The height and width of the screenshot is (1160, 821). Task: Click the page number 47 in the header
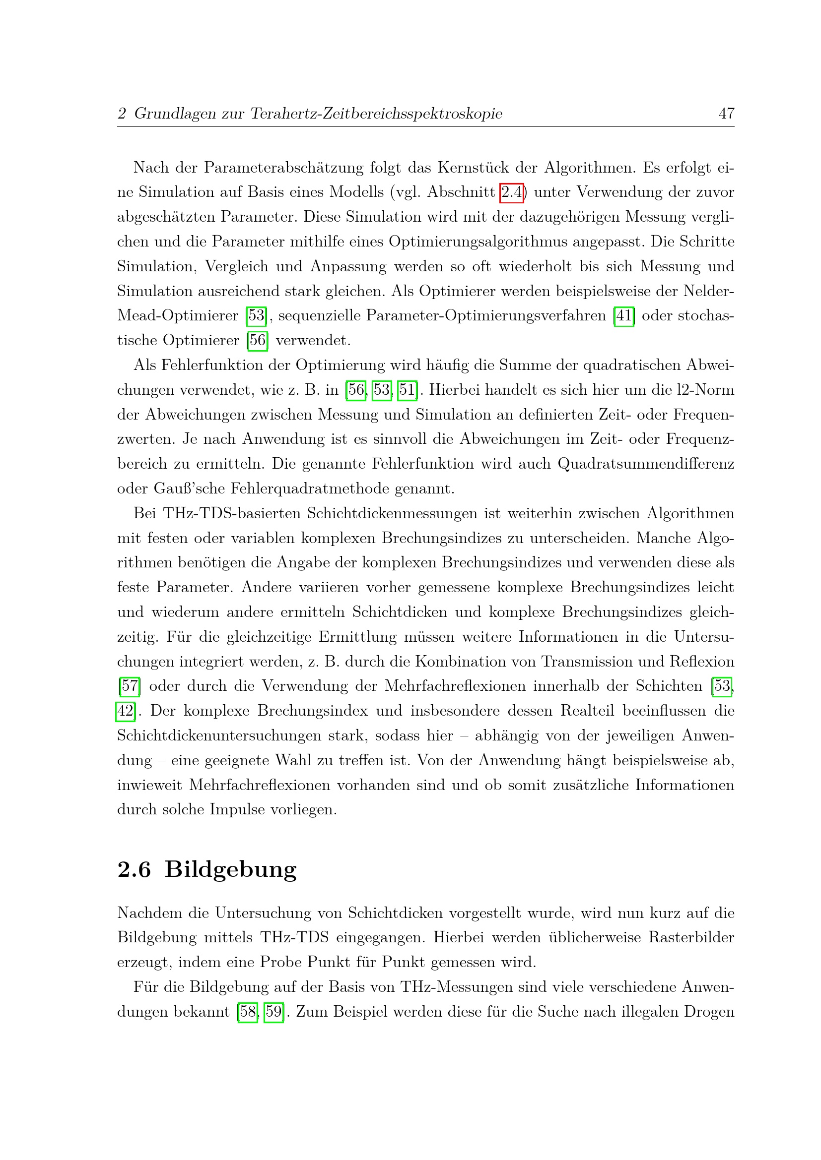[726, 113]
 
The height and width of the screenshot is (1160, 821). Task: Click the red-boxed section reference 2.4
[512, 192]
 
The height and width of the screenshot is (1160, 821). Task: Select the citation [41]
[624, 316]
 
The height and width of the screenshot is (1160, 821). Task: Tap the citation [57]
[130, 686]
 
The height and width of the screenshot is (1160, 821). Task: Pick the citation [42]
[126, 711]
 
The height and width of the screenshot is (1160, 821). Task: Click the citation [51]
[408, 390]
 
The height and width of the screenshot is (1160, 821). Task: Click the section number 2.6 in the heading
[134, 869]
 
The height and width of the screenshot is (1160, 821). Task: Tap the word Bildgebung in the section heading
[230, 869]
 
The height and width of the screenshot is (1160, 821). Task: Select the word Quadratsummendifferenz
[646, 464]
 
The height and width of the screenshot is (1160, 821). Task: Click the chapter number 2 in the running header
[121, 113]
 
